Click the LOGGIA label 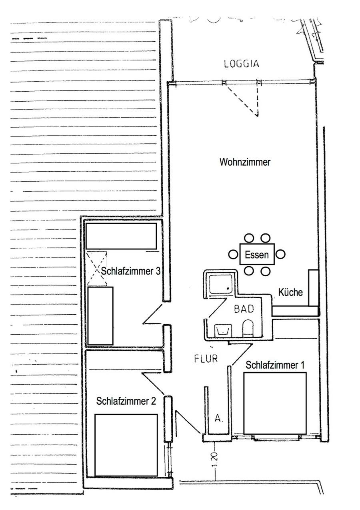click(x=242, y=64)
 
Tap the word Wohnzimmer click(x=245, y=162)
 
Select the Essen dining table click(x=257, y=254)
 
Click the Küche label click(x=290, y=292)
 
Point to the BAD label click(x=244, y=309)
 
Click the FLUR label click(x=206, y=359)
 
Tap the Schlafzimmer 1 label click(x=275, y=365)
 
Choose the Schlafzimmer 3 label click(x=131, y=271)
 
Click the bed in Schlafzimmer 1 click(x=275, y=403)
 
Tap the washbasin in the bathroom click(x=223, y=330)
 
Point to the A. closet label click(x=219, y=418)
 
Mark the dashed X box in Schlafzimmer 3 click(x=97, y=269)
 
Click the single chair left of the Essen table click(x=233, y=254)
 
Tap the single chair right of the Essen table click(x=280, y=254)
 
